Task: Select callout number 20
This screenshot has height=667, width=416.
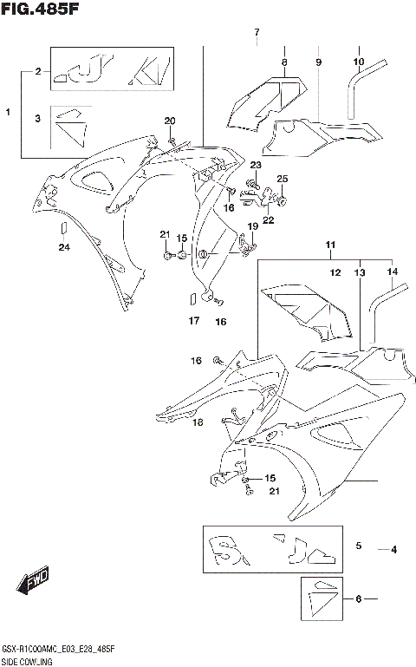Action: [170, 121]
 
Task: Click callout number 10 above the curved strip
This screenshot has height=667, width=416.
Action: [358, 62]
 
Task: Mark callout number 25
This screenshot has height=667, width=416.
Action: [282, 179]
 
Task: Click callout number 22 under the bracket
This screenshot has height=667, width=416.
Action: [268, 220]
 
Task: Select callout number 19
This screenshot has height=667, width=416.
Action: [253, 226]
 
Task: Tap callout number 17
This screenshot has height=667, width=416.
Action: [194, 321]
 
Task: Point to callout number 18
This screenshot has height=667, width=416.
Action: [198, 422]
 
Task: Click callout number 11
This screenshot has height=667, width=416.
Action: [329, 246]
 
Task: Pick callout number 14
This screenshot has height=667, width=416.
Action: [393, 272]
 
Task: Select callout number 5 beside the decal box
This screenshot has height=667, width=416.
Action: [358, 546]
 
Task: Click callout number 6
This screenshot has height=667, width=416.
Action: [358, 599]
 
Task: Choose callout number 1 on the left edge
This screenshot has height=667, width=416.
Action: [8, 113]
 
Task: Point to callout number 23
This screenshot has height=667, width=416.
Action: [256, 165]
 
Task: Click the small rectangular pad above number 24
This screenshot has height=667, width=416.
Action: [62, 228]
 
